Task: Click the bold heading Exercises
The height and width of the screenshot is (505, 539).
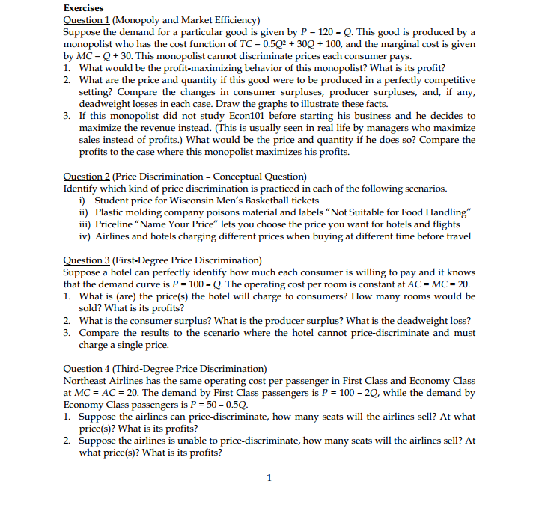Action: [84, 8]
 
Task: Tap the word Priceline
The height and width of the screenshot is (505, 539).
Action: [115, 224]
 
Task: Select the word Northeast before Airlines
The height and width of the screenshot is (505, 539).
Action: [88, 381]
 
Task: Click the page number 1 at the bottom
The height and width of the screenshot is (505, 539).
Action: [269, 477]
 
